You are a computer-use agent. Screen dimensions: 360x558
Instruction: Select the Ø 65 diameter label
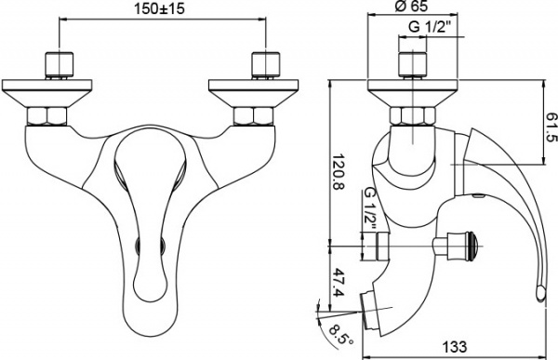point(410,8)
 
